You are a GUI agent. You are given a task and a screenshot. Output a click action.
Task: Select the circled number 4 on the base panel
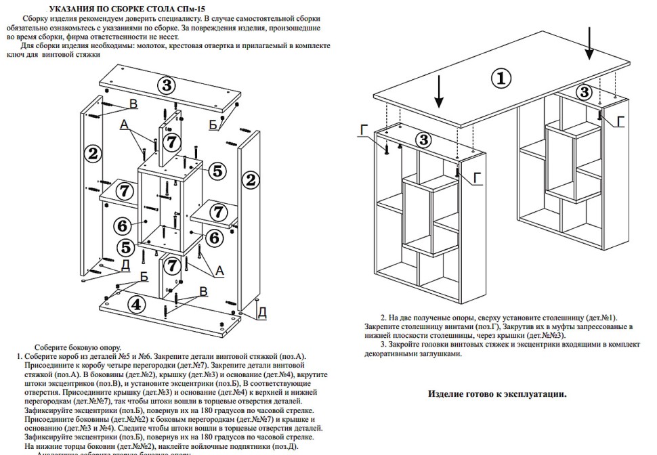point(137,304)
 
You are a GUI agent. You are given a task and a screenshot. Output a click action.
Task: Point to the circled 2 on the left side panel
point(93,152)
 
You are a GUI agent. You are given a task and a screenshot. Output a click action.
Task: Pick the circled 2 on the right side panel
point(251,180)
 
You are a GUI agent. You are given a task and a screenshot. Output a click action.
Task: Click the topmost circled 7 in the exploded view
point(173,142)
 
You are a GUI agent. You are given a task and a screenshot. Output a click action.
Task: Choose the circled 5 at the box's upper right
point(216,171)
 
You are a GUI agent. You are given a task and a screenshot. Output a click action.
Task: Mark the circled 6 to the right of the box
point(214,238)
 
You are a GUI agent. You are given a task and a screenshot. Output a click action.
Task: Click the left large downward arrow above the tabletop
point(439,91)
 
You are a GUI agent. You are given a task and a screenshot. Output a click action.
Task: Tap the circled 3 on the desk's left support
point(423,140)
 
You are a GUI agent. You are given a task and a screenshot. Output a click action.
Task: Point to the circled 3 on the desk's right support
point(584,91)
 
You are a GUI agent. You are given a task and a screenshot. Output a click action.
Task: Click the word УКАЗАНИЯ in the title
point(68,8)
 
